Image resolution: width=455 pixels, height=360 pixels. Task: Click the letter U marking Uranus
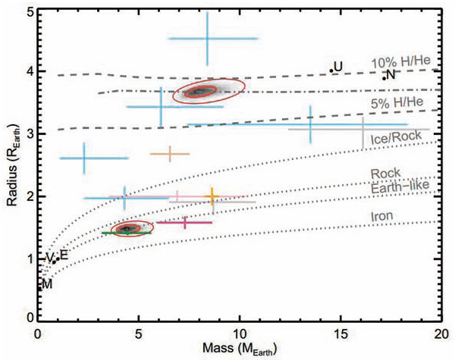point(338,67)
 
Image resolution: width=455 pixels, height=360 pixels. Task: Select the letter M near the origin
point(47,284)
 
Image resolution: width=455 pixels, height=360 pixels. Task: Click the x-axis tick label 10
point(240,331)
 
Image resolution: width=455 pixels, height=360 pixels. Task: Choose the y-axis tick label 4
point(27,71)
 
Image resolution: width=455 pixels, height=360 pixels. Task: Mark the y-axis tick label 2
point(27,196)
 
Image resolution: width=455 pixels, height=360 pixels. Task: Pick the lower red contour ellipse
point(127,228)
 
